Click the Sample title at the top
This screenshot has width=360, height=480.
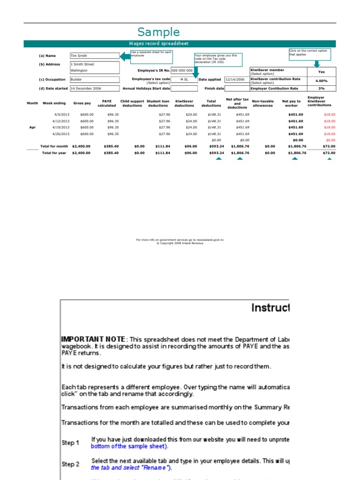158,32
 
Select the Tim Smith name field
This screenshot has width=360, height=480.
95,56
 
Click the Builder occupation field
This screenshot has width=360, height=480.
95,80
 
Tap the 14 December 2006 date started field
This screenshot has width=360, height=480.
95,88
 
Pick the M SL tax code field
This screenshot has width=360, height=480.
184,80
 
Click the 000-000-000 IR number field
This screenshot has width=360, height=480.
182,70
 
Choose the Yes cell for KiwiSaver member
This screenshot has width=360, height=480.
321,72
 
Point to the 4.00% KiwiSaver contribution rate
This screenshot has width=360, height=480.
321,81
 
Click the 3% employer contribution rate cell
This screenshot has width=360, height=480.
321,88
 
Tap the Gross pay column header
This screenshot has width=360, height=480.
82,103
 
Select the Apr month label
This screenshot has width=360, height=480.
32,127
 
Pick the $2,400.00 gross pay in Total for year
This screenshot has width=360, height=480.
82,153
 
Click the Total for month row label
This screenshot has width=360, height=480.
54,146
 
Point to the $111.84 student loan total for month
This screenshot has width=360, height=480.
163,146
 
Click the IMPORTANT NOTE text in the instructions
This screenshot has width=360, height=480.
93,339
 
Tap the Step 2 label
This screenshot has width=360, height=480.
70,464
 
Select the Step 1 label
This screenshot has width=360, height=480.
70,442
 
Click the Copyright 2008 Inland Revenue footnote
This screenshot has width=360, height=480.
180,243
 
